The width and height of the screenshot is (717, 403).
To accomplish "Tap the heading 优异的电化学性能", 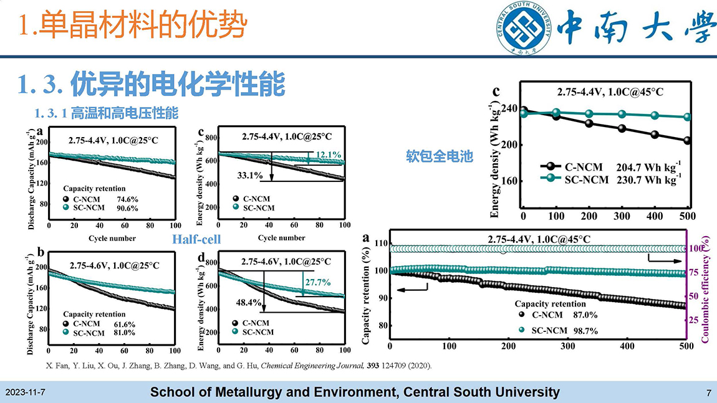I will pos(152,85).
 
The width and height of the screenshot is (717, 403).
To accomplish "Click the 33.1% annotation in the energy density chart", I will pos(249,176).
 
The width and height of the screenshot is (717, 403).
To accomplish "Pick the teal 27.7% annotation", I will pos(317,282).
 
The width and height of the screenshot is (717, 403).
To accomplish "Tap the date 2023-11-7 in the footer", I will pos(26,393).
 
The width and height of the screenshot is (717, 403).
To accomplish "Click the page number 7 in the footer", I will pos(709,393).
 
